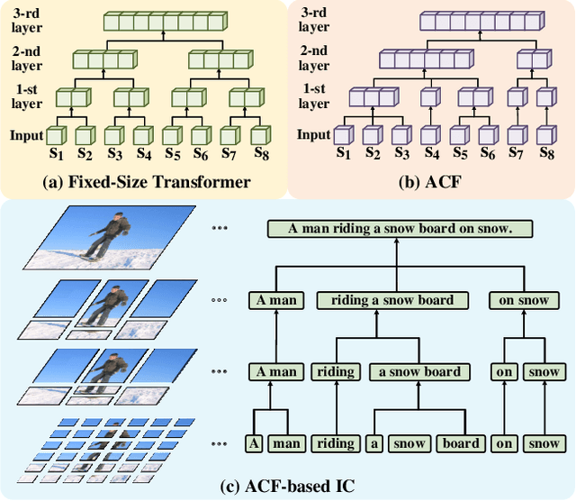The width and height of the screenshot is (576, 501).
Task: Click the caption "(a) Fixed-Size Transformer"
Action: pyautogui.click(x=147, y=183)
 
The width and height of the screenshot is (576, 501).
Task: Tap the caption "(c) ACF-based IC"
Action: pyautogui.click(x=287, y=487)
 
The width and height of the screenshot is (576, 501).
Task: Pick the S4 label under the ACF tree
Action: pyautogui.click(x=432, y=156)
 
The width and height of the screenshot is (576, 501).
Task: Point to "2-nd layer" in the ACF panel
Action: pyautogui.click(x=314, y=58)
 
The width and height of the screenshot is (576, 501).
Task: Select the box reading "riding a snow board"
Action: pyautogui.click(x=392, y=300)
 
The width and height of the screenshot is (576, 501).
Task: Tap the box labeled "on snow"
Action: pyautogui.click(x=520, y=300)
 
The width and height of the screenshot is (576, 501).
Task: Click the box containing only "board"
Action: pyautogui.click(x=461, y=443)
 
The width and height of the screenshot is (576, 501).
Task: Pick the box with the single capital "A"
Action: pyautogui.click(x=255, y=443)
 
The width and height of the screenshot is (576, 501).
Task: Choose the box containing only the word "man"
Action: pyautogui.click(x=289, y=443)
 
